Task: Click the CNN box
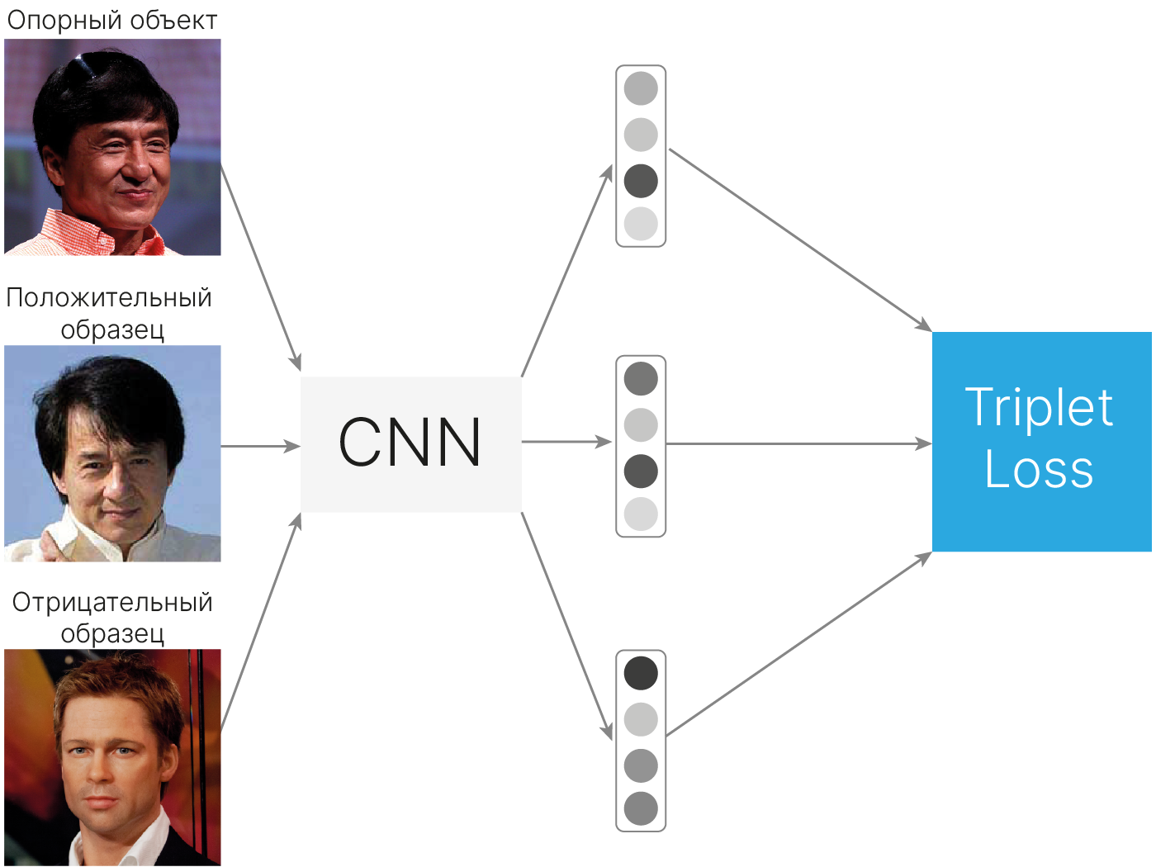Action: pos(410,443)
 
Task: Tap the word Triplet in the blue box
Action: pos(1039,408)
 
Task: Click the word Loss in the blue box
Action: pos(1039,469)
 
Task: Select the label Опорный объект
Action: pos(111,21)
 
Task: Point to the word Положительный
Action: pos(109,297)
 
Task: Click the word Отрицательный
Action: pos(112,602)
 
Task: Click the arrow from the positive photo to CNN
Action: pos(260,446)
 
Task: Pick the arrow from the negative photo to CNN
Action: pos(260,622)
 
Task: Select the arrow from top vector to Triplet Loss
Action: pos(798,239)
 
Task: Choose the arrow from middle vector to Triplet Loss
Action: pos(798,444)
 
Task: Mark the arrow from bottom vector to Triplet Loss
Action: pos(798,644)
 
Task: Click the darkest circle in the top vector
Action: pos(641,181)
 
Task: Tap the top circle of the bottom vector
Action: pos(641,673)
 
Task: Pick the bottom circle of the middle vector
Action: pos(641,514)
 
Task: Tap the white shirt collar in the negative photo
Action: pos(87,846)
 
